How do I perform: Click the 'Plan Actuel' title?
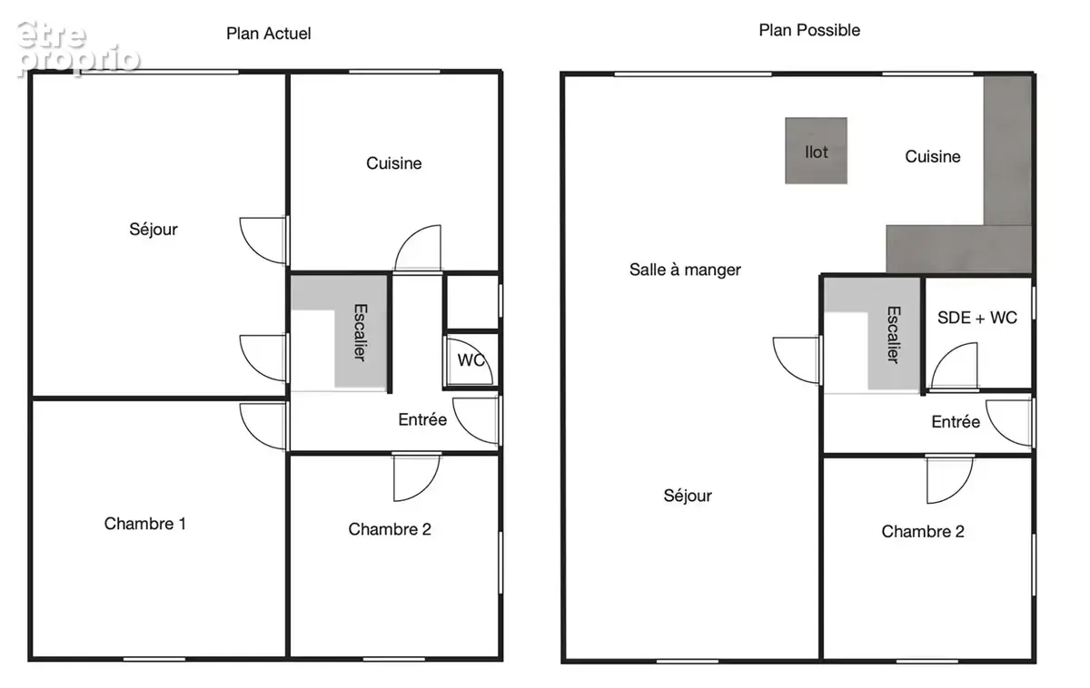[269, 34]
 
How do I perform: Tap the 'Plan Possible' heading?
[809, 30]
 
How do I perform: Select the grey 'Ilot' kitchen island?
[816, 151]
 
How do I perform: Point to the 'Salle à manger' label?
[685, 270]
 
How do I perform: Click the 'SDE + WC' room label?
[977, 318]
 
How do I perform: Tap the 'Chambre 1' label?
[145, 524]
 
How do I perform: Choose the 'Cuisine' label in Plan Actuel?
[393, 162]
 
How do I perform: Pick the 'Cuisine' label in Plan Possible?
[933, 156]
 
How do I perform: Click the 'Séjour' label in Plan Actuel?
[154, 229]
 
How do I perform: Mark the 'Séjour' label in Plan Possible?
[688, 496]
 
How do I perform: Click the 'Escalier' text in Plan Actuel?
[360, 332]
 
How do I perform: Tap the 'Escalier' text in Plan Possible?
[894, 335]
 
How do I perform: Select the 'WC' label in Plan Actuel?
[471, 360]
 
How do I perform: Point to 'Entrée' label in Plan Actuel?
[422, 419]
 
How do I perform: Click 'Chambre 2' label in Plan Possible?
[923, 532]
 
